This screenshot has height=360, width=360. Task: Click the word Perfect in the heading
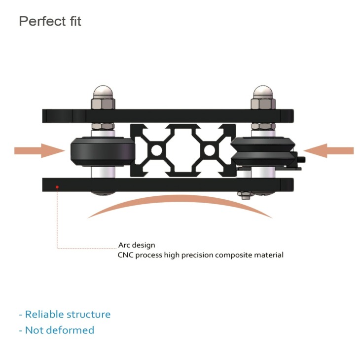[42, 21]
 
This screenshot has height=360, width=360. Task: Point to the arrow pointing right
[40, 151]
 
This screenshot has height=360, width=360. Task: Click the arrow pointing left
[328, 151]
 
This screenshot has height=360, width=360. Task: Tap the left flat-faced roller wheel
[103, 151]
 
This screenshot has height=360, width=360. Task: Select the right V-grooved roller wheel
[262, 151]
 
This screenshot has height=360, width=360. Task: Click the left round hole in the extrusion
[157, 150]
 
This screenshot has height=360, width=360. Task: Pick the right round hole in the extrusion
[210, 150]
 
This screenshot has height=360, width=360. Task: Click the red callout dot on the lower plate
[57, 187]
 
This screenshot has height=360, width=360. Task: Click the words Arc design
[137, 245]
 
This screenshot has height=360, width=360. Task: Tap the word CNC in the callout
[126, 255]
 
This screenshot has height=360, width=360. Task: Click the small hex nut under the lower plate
[245, 195]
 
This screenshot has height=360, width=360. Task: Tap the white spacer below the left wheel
[103, 172]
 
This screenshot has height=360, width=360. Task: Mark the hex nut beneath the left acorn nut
[103, 104]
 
